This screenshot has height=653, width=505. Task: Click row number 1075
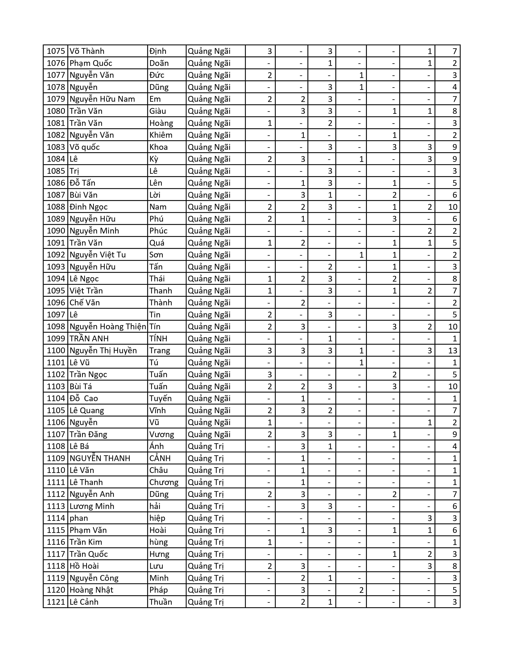pos(56,51)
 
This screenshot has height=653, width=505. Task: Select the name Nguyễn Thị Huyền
pos(103,350)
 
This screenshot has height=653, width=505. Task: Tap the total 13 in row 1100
pos(453,350)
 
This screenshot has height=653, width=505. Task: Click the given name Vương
pos(162,434)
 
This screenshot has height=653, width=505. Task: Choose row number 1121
pos(56,602)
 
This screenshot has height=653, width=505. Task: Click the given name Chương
pos(164,482)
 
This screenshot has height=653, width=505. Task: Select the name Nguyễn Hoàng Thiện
pos(108,326)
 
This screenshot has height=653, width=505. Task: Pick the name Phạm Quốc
pos(91,63)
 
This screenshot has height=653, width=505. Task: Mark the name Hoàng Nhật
pos(91,590)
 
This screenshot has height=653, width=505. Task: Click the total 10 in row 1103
pos(453,386)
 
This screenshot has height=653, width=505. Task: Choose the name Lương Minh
pos(92,506)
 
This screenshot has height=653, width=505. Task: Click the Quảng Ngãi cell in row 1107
pos(209,434)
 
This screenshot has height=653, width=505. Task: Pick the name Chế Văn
pos(85,303)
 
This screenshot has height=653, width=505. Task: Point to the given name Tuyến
pos(160,398)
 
